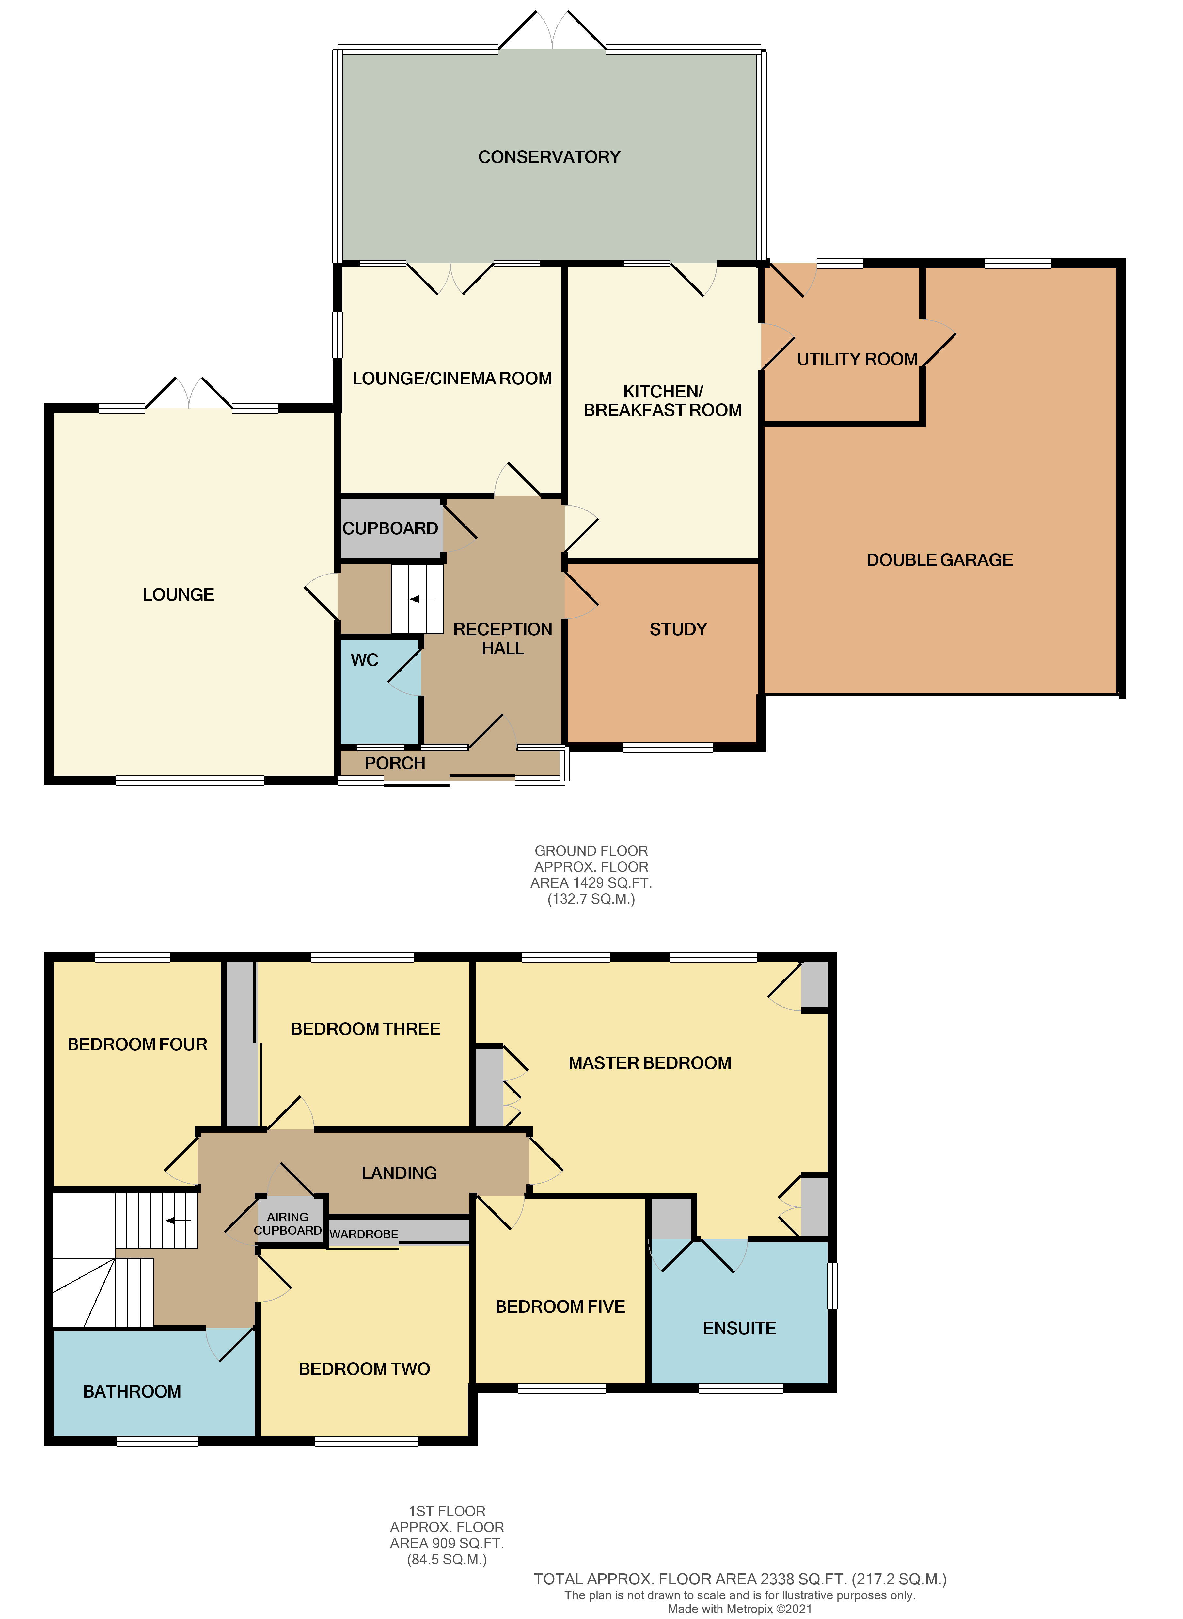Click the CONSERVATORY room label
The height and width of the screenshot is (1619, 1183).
(549, 157)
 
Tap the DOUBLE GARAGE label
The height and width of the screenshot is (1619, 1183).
(939, 560)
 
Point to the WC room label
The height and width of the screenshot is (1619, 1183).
(365, 660)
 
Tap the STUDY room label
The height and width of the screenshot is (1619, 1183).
(678, 629)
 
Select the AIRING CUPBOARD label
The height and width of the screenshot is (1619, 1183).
(288, 1223)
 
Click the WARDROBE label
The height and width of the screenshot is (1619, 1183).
(364, 1234)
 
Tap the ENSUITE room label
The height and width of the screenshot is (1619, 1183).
(739, 1328)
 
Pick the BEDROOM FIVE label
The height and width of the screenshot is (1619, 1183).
(560, 1307)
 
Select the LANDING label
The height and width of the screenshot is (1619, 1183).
(399, 1173)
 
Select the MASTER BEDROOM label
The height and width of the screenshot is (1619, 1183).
(650, 1063)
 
